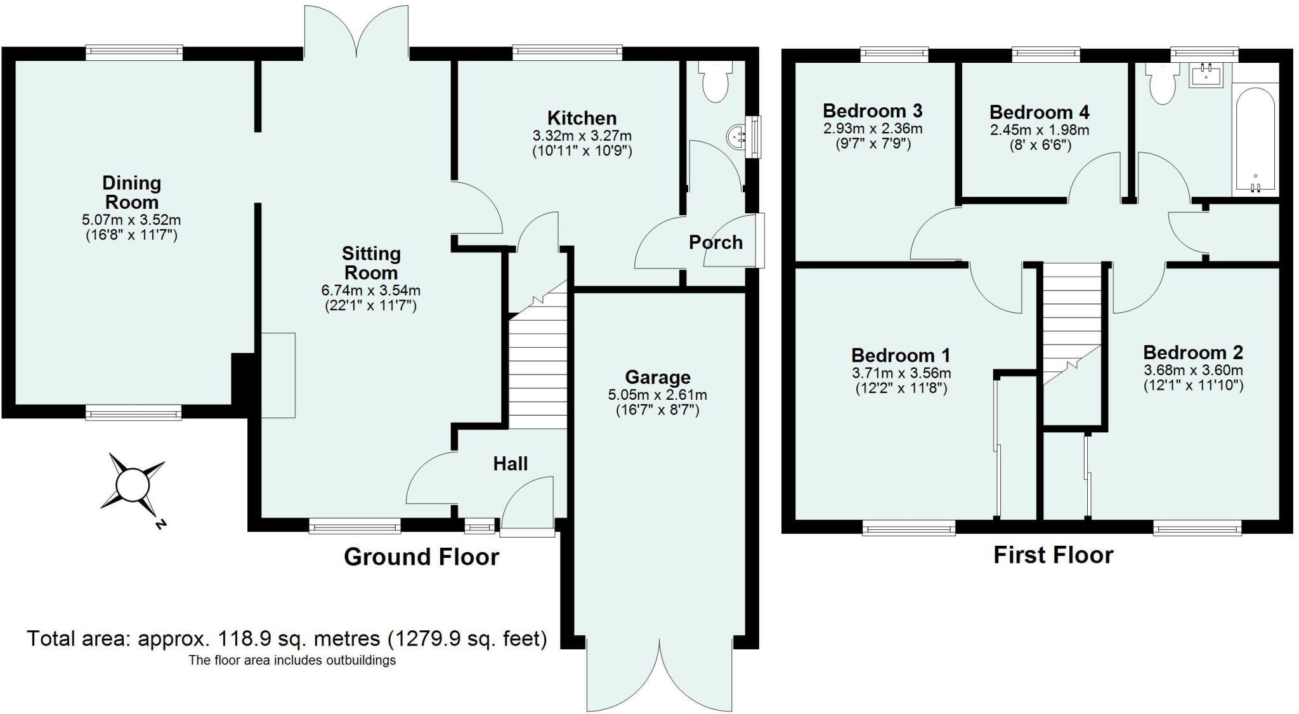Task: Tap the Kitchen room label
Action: click(582, 118)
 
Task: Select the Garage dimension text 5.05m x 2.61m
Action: click(657, 395)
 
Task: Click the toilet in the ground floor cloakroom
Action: click(716, 83)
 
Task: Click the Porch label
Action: click(715, 242)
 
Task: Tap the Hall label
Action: click(510, 464)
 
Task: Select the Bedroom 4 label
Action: click(1039, 112)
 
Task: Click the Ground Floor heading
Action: click(421, 557)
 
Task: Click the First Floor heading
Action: click(1053, 555)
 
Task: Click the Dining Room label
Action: click(131, 192)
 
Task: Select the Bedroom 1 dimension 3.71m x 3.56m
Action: click(901, 373)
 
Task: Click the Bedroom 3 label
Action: click(872, 111)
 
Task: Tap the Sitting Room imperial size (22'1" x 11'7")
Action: click(370, 305)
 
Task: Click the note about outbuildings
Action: click(292, 660)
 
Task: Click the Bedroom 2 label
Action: click(1192, 352)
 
